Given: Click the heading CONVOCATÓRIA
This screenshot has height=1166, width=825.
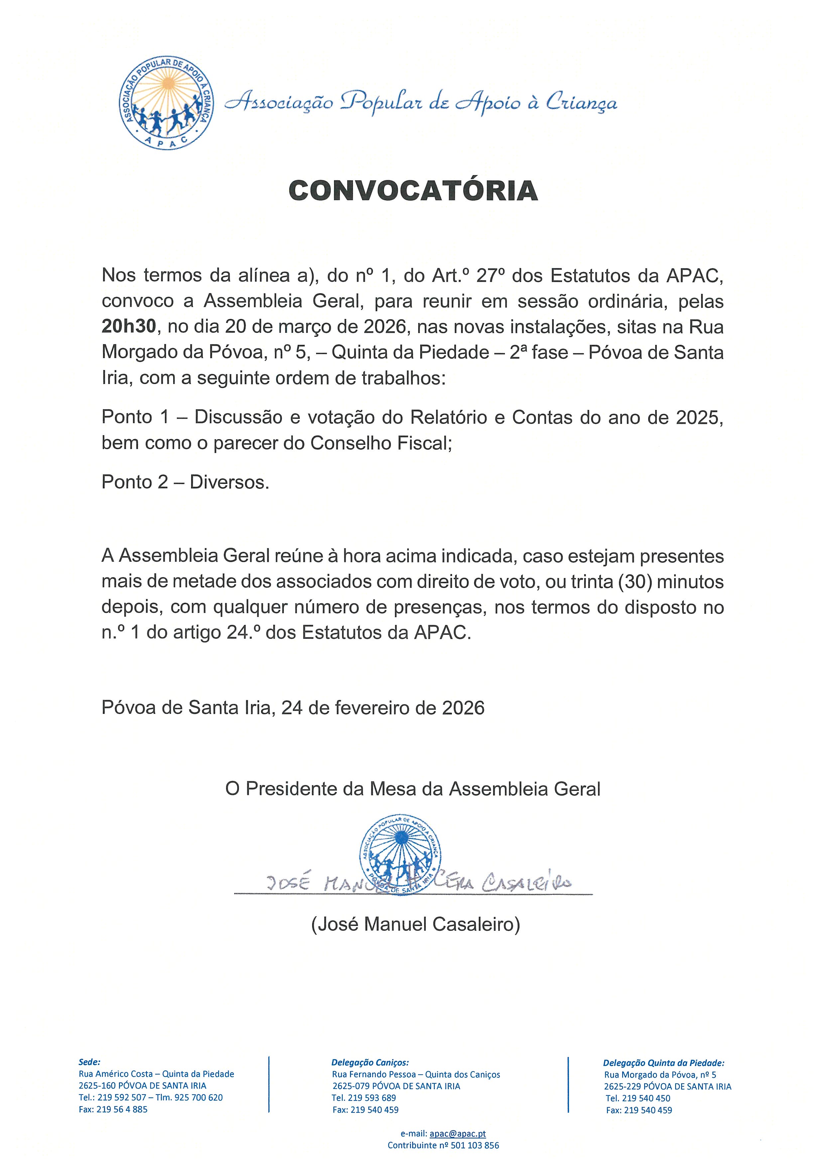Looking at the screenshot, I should pos(413,191).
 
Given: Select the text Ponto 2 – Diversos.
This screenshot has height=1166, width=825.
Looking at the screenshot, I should pos(185,482).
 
